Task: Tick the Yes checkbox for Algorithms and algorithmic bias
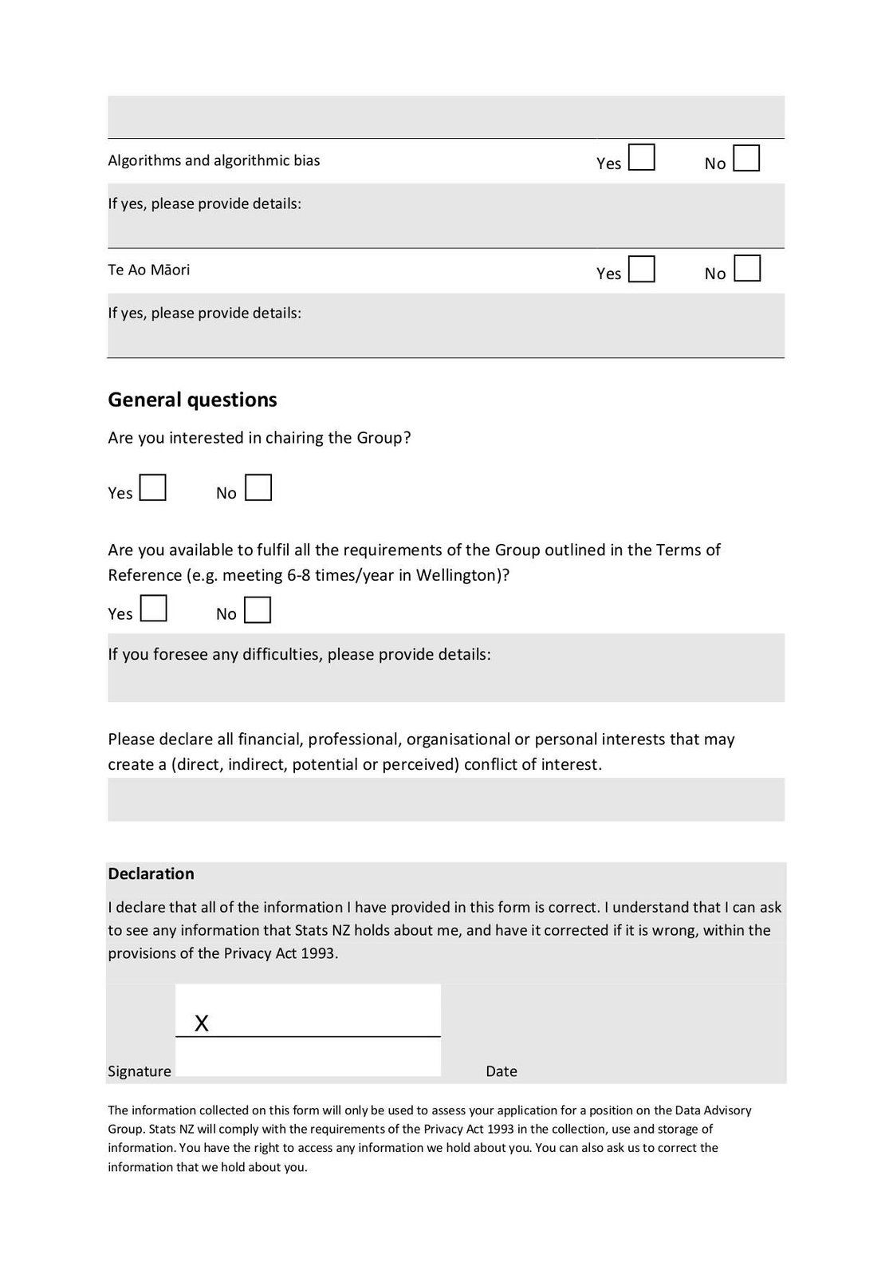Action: tap(641, 157)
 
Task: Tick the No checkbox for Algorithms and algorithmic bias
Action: tap(746, 158)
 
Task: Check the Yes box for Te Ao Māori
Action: tap(641, 269)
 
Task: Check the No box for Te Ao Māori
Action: tap(746, 268)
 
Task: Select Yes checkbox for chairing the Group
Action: tap(152, 487)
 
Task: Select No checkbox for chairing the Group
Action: tap(258, 487)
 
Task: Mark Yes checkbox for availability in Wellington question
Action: tap(153, 609)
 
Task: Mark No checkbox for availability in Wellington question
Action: tap(258, 609)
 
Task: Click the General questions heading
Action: tap(192, 400)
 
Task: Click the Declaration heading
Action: tap(151, 874)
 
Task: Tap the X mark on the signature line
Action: tap(202, 1023)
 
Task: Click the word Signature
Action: tap(140, 1071)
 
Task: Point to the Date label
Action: tap(502, 1071)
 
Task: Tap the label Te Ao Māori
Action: tap(149, 270)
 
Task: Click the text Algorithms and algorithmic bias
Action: tap(214, 160)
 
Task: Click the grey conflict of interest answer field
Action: tap(446, 799)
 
